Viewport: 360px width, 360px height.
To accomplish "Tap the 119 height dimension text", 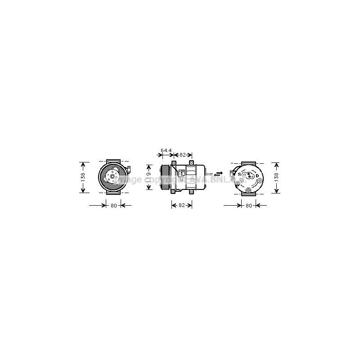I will point(148,177).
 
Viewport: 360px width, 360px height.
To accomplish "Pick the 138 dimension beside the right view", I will point(276,177).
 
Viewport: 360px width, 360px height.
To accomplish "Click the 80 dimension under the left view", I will point(113,206).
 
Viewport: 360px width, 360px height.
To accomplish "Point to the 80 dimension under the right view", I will point(248,206).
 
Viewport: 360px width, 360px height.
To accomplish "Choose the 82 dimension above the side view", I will point(182,155).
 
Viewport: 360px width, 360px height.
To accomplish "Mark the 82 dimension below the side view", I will point(182,206).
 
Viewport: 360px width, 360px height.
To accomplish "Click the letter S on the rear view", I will point(239,174).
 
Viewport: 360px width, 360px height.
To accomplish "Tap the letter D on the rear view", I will point(257,175).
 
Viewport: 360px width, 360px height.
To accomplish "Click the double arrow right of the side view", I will point(218,173).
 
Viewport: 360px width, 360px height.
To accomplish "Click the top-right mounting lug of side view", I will point(192,163).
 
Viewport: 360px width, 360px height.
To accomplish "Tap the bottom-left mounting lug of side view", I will point(173,192).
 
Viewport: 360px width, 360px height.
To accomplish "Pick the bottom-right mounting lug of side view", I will point(192,192).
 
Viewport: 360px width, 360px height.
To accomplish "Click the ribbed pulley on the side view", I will point(166,177).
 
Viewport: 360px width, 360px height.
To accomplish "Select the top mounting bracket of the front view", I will point(113,161).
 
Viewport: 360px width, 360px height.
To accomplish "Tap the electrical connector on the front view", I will point(129,170).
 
